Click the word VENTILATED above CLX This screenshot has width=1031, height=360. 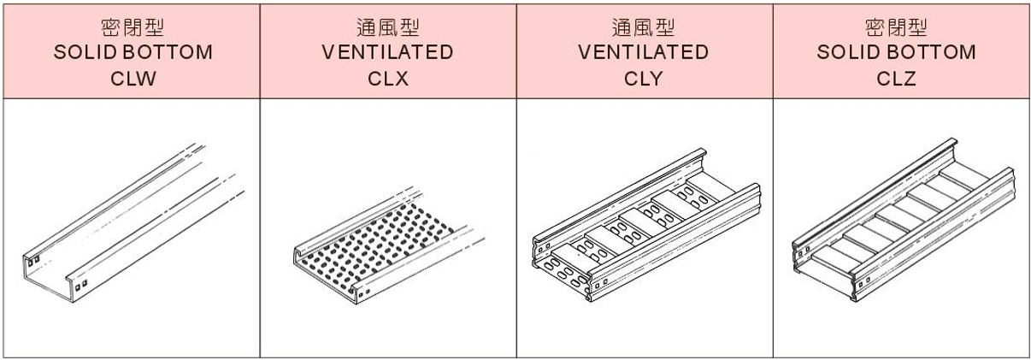click(x=387, y=52)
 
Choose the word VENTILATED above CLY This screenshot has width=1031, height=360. click(x=644, y=52)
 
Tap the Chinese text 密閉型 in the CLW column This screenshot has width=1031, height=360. click(x=131, y=28)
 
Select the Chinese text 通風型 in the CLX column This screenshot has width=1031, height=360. click(x=387, y=28)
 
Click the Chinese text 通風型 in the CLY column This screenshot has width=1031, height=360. click(x=644, y=28)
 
